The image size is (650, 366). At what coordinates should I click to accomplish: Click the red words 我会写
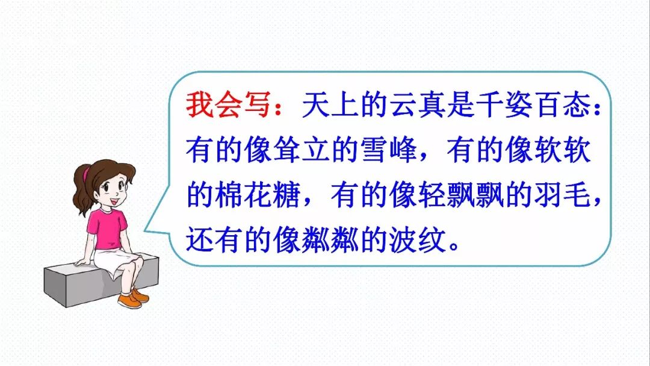coord(228,104)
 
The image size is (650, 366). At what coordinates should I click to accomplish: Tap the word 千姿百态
coord(535,104)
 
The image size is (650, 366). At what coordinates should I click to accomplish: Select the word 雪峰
coord(388,150)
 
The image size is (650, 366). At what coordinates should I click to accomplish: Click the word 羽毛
coord(562,195)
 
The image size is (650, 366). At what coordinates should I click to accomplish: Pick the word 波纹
coord(417,240)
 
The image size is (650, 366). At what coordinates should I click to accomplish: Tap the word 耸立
coord(302,150)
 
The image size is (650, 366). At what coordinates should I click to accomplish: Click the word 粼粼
coord(316,240)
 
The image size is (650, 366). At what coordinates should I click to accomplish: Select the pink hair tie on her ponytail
coord(86,174)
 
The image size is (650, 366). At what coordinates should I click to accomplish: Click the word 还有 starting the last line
coord(214,240)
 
